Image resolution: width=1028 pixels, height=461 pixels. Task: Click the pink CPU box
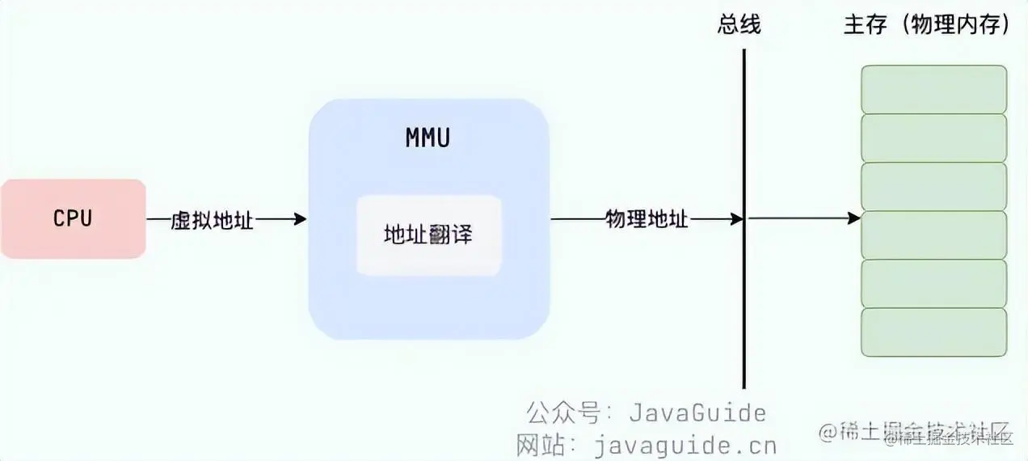click(73, 218)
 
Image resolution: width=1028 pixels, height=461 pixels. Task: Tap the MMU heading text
click(428, 138)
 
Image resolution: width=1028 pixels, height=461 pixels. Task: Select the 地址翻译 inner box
click(428, 235)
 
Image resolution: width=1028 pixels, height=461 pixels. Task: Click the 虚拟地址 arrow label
click(213, 219)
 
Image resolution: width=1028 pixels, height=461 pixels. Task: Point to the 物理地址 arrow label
click(647, 219)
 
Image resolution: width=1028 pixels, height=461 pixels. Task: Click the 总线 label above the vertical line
click(739, 25)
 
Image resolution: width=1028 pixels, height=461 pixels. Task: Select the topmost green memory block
click(933, 89)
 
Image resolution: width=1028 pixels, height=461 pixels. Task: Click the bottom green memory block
click(933, 332)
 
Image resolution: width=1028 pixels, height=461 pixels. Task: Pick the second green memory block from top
click(933, 137)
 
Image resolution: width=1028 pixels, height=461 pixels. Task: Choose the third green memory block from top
click(933, 186)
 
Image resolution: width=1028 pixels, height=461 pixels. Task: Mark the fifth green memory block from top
click(933, 283)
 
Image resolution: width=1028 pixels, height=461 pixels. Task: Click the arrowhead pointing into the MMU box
click(301, 218)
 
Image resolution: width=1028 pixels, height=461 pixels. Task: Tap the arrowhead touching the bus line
click(737, 218)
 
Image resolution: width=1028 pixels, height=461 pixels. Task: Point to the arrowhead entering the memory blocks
click(853, 218)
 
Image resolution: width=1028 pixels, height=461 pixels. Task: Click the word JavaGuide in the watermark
click(697, 412)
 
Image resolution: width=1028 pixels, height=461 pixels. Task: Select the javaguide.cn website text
click(685, 445)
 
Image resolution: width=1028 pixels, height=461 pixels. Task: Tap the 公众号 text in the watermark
click(563, 412)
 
